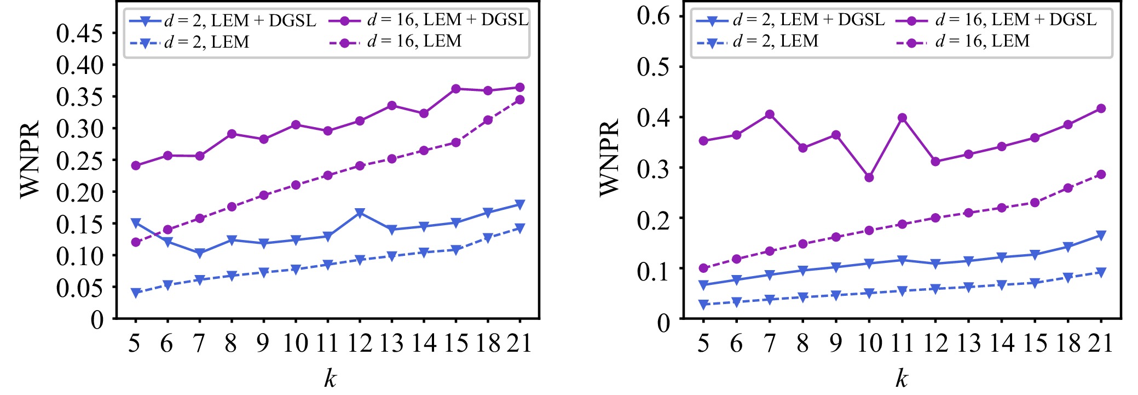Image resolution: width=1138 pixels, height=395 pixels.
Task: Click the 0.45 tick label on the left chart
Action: [79, 33]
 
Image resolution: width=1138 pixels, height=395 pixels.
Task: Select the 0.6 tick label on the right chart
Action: [653, 16]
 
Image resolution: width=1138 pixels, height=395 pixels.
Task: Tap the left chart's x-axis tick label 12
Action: [360, 344]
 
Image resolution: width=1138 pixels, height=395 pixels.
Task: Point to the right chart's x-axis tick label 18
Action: [1068, 344]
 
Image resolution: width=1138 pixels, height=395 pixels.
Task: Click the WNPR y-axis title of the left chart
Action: [30, 159]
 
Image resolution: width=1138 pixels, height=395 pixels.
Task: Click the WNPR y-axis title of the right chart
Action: [609, 158]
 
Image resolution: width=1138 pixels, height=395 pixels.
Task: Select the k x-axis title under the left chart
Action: [330, 378]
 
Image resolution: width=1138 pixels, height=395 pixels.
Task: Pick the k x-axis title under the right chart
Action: [901, 378]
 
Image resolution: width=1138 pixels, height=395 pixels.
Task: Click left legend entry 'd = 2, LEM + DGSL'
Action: [223, 21]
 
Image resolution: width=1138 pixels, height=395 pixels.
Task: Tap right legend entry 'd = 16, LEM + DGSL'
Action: [996, 20]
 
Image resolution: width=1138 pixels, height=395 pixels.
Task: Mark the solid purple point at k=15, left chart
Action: [456, 89]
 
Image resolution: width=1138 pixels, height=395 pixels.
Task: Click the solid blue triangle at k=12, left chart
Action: [360, 213]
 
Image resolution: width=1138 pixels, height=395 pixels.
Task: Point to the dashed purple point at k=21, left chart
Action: [520, 100]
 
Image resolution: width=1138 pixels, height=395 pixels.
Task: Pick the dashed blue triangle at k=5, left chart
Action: [136, 293]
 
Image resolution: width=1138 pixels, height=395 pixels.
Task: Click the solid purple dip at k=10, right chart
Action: [869, 178]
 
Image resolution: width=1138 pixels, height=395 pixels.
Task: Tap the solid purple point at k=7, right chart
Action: [770, 115]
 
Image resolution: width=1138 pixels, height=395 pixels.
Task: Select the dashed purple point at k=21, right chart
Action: [1101, 174]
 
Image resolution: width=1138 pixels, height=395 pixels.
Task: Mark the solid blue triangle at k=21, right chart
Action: [1101, 236]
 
